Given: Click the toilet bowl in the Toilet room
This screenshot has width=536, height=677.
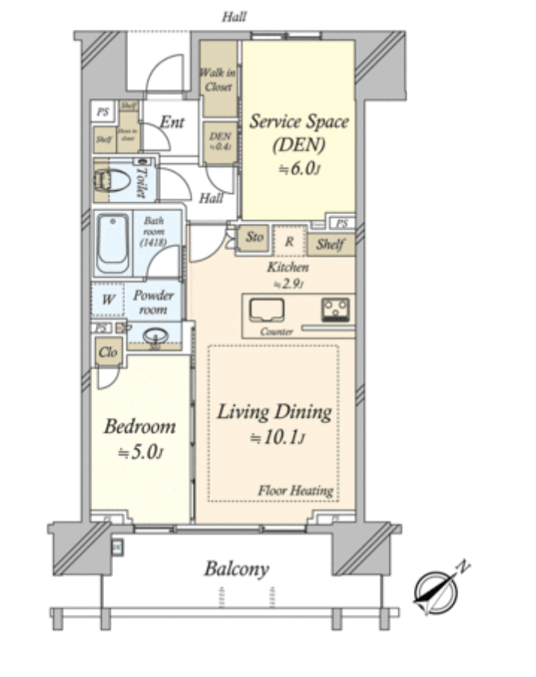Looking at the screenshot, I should click(111, 181).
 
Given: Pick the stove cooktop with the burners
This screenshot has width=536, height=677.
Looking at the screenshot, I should click(335, 308).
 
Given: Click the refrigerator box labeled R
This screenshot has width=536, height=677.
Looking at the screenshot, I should click(288, 241).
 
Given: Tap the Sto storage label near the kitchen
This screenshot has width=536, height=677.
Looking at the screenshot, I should click(255, 237).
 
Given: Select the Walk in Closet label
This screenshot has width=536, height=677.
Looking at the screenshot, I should click(217, 79).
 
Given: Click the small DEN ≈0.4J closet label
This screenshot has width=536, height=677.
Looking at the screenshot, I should click(220, 141).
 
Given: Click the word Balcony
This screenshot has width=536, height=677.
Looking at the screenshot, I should click(237, 569).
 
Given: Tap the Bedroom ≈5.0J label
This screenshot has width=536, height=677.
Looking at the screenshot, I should click(139, 439).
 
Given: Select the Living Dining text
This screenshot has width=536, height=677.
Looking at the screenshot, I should click(274, 412).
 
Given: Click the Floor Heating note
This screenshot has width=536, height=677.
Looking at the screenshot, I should click(296, 491).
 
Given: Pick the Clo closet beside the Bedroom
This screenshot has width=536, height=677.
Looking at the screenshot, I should click(109, 352).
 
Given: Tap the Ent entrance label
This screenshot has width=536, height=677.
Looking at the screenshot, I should click(172, 123).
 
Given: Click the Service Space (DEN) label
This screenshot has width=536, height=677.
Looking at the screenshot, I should click(298, 131).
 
